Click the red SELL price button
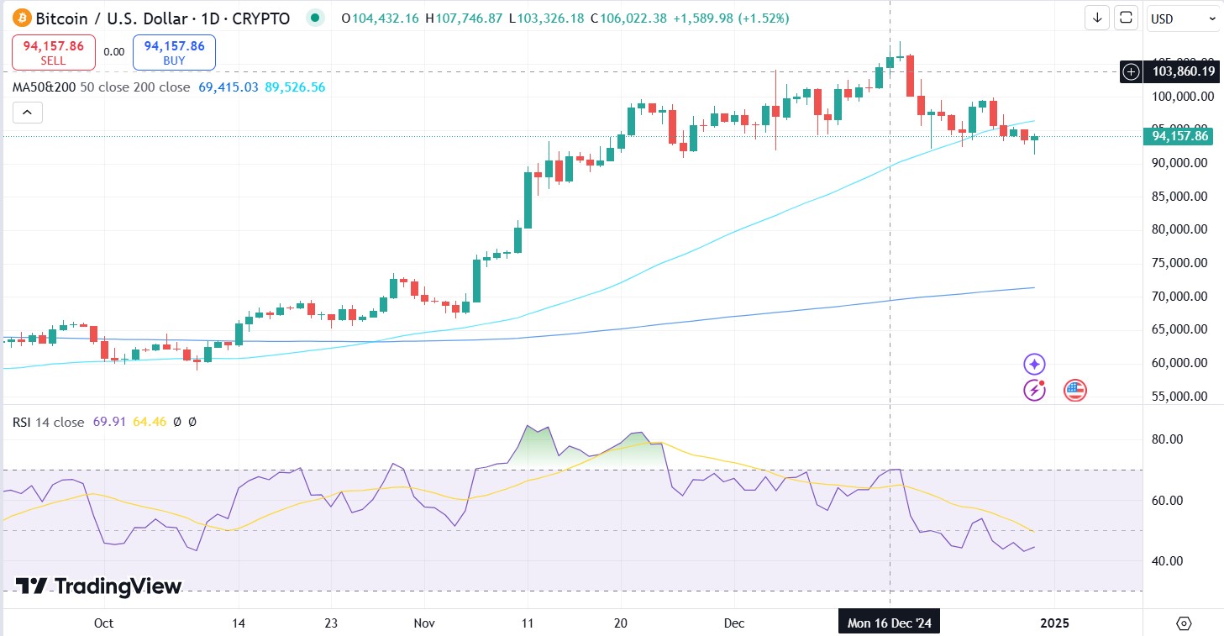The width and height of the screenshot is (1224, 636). tap(53, 52)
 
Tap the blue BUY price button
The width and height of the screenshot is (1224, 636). tap(174, 52)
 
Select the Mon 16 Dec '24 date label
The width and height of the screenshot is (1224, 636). tap(890, 623)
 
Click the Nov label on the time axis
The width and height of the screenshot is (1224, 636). tap(424, 623)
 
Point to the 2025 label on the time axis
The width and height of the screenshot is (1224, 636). tap(1054, 623)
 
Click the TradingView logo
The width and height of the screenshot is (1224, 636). tap(99, 586)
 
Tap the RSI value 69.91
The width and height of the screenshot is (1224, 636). tap(108, 423)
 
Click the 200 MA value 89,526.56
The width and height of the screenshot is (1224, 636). tap(295, 87)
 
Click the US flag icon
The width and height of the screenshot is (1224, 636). tap(1075, 390)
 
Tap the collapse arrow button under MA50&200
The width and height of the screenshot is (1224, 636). tap(27, 113)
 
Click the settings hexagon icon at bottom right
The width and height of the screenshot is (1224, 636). tap(1184, 623)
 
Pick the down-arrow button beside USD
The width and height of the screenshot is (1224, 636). tap(1097, 18)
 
